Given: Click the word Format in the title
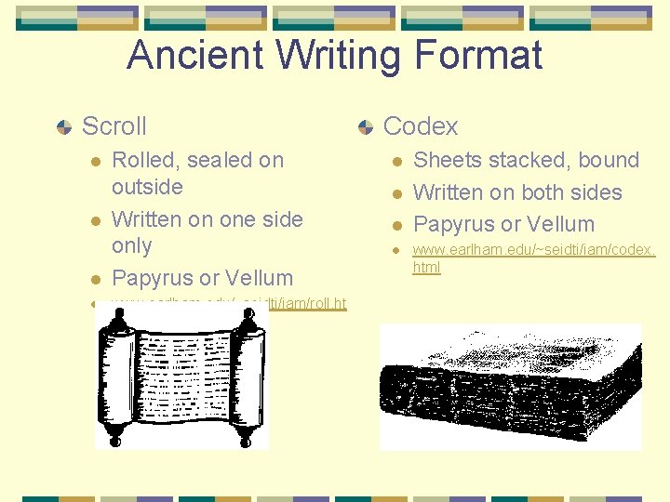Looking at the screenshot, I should [480, 56].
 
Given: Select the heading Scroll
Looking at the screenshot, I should [114, 125].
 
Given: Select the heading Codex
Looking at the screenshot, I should [421, 125].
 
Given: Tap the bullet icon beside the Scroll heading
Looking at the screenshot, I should [63, 126].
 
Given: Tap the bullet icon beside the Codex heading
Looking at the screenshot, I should [365, 126].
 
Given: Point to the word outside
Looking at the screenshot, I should [147, 187].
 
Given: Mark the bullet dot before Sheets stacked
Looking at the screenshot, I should [395, 161].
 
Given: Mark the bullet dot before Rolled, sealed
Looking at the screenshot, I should [94, 161].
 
